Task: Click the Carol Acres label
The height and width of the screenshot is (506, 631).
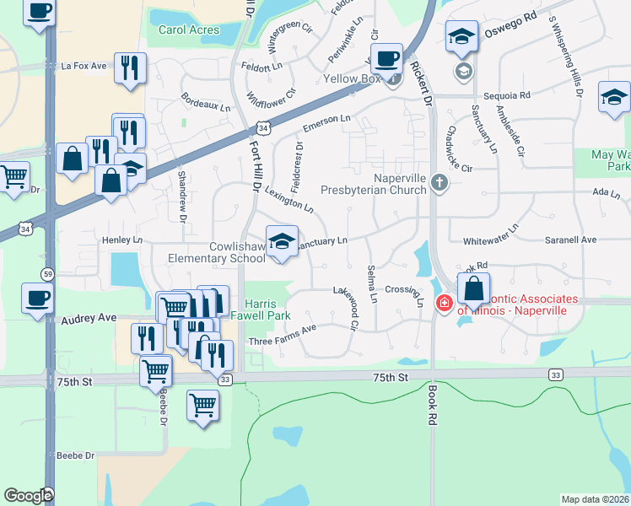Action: (189, 30)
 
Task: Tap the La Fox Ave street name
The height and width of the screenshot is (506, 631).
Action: (84, 65)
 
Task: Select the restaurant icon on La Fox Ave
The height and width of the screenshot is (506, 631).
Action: (130, 68)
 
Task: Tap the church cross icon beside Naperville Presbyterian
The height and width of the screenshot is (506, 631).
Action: (438, 181)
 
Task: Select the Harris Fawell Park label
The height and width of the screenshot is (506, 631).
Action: (267, 310)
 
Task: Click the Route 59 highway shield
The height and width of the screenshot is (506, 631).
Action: (48, 273)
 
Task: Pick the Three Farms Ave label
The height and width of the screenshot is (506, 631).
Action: (282, 335)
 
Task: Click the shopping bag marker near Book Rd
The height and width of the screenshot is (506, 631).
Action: (474, 288)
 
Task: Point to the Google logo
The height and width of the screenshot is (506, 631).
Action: (28, 496)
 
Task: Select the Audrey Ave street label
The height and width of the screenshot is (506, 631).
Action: (89, 319)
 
